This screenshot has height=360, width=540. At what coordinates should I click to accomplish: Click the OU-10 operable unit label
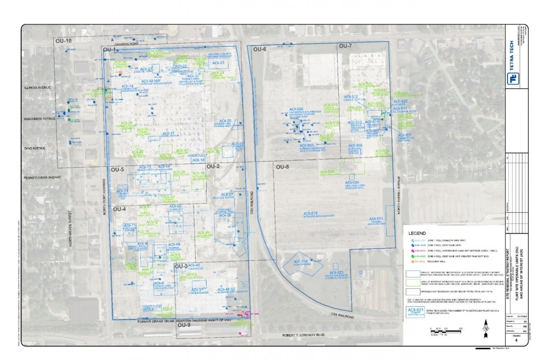click(63, 41)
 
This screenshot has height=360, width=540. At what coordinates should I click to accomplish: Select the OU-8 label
click(282, 167)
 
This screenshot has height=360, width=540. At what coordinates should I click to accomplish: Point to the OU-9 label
click(184, 325)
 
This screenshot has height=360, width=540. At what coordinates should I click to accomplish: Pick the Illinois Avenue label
click(37, 87)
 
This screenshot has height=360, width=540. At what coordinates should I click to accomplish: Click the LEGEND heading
click(417, 233)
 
